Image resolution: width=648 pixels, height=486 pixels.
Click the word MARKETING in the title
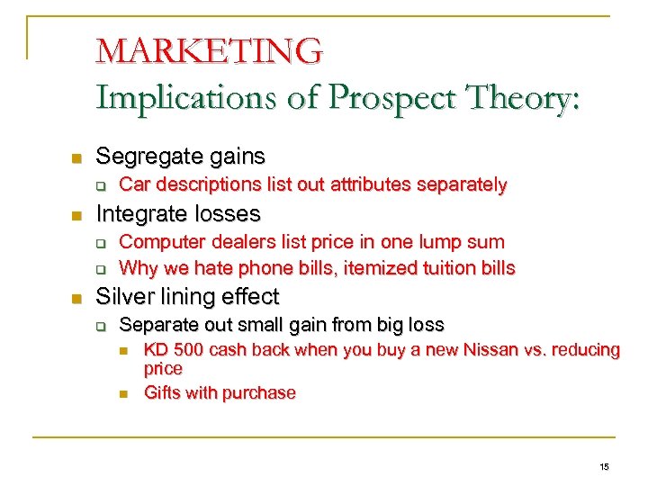209,50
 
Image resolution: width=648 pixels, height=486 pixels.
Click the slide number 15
604,466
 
